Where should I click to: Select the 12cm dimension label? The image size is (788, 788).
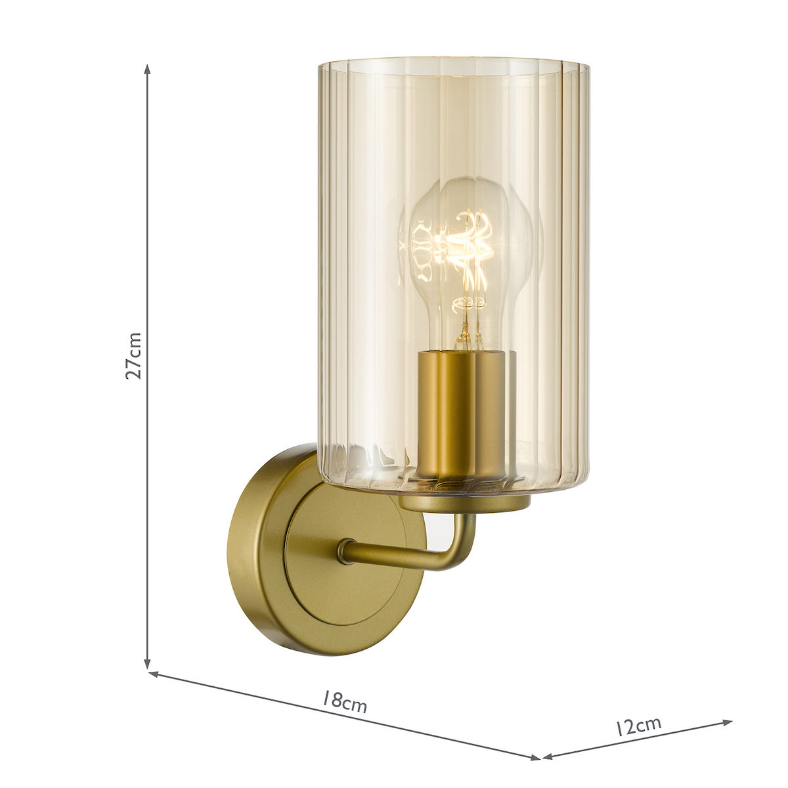(x=638, y=726)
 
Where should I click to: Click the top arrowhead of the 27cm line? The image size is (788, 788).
(x=148, y=69)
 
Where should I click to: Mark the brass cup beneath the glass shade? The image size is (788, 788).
(x=465, y=503)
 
